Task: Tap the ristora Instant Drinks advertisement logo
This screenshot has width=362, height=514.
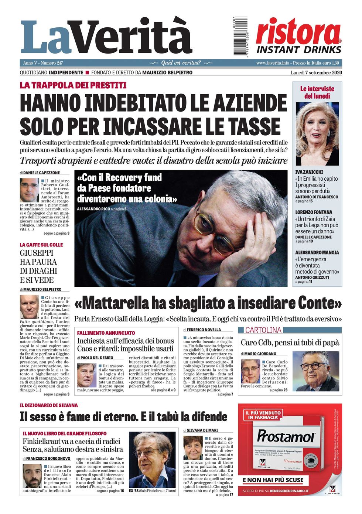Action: (x=298, y=36)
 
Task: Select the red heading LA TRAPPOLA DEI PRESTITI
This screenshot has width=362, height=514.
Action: (x=73, y=85)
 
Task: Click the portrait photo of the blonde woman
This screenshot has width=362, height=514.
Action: (x=317, y=134)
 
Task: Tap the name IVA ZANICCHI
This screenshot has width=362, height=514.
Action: (x=309, y=172)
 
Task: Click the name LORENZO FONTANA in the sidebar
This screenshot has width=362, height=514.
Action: (x=314, y=212)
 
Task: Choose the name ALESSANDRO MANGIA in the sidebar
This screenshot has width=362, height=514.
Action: (x=317, y=252)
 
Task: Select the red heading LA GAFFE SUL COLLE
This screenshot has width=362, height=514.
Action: (x=41, y=245)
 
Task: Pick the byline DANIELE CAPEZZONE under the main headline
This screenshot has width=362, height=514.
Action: (x=41, y=173)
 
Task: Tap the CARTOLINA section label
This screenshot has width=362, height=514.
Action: (x=263, y=330)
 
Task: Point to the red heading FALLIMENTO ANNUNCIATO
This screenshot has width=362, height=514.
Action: (x=106, y=333)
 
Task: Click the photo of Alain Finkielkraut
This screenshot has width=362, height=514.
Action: (x=152, y=460)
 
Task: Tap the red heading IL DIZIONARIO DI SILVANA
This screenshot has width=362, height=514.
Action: (x=49, y=405)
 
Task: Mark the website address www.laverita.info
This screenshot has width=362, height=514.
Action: (x=273, y=63)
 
